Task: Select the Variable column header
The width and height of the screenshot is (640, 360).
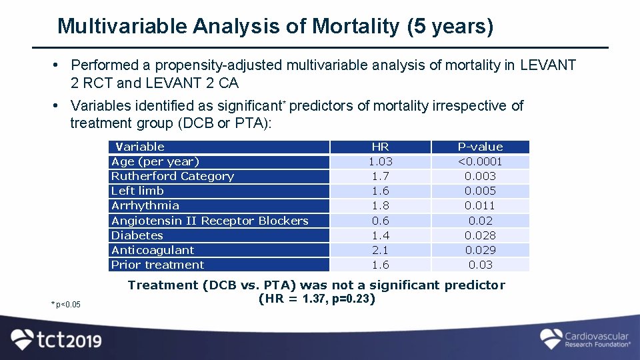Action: [140, 147]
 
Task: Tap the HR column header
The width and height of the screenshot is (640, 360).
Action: [380, 147]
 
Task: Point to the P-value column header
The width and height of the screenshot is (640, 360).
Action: [480, 147]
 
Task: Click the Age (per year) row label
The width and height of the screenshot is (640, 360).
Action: [155, 161]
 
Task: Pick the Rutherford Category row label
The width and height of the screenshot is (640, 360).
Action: [173, 176]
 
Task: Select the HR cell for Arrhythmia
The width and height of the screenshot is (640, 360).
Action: [380, 205]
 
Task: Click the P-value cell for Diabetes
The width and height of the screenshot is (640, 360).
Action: [480, 235]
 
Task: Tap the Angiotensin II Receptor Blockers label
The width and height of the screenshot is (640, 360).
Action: [210, 221]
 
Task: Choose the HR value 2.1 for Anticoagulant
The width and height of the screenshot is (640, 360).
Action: [380, 250]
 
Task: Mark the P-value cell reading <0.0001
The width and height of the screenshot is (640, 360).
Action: [480, 161]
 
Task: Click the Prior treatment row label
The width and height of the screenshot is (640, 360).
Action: [158, 265]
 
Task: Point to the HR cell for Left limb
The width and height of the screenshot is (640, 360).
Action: [380, 191]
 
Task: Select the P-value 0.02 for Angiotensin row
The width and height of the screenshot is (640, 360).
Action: [480, 221]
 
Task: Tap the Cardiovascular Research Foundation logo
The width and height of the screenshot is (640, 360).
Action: [585, 339]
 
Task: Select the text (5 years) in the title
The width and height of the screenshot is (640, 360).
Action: [449, 26]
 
